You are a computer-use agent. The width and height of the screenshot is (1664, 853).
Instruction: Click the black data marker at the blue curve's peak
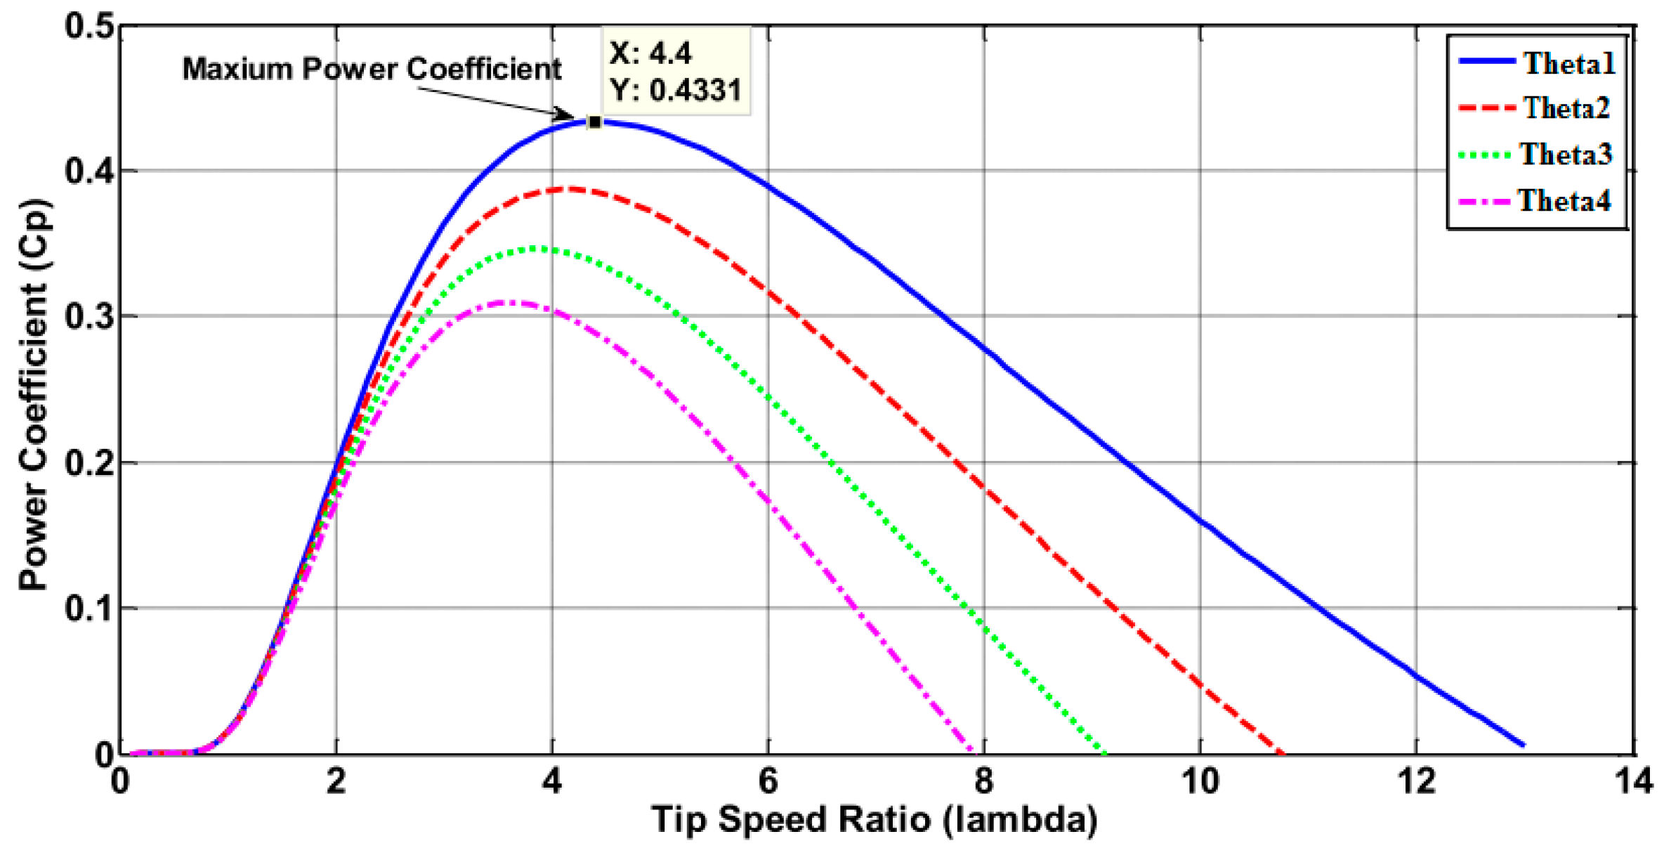point(594,122)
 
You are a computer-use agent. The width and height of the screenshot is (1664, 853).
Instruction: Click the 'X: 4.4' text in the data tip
point(650,53)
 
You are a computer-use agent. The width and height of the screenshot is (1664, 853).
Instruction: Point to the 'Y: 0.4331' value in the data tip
point(675,91)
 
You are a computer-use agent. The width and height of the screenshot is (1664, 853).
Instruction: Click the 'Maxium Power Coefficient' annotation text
point(372,69)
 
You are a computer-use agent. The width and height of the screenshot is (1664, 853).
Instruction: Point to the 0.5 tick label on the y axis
point(89,27)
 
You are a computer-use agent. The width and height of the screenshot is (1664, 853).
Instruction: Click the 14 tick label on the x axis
point(1632,781)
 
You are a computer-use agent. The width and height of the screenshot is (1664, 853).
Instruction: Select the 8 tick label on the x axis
point(984,781)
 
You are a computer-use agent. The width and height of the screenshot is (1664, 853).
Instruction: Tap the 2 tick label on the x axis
point(336,781)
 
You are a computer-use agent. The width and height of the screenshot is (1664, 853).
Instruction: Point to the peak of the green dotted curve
point(539,248)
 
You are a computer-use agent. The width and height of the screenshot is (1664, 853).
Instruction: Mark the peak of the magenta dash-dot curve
point(511,303)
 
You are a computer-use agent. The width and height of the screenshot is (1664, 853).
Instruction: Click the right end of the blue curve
point(1523,744)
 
